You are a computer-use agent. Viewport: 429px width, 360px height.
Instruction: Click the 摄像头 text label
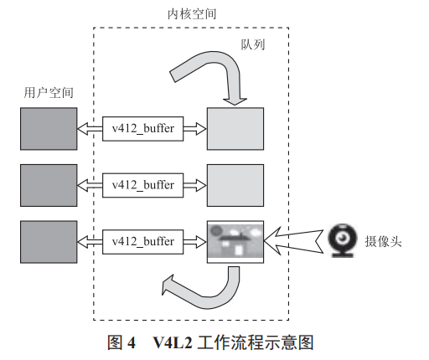384,240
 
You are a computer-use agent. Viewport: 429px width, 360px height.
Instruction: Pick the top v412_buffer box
142,128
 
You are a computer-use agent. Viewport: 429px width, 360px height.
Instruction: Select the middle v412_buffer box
142,184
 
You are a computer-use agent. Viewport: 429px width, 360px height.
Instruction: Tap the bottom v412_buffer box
142,241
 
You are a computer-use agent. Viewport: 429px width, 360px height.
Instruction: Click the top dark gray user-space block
47,128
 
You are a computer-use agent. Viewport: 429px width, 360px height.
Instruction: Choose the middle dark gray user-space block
47,184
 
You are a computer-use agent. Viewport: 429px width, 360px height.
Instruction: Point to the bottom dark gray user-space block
47,240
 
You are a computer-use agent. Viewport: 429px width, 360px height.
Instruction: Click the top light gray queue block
235,128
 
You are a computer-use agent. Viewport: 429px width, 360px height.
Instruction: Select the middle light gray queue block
235,184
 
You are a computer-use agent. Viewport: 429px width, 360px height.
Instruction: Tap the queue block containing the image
235,241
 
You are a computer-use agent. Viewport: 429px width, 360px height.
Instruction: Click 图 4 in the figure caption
121,342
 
